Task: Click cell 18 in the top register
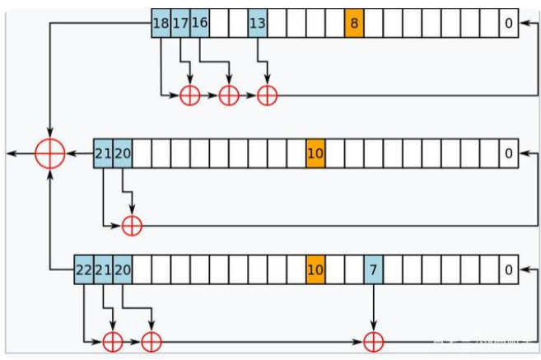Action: tap(161, 24)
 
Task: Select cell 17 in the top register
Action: tap(180, 24)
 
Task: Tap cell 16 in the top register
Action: tap(199, 24)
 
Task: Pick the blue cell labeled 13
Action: tap(258, 24)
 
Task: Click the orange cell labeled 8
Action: tap(354, 24)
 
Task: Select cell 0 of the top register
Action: tap(509, 24)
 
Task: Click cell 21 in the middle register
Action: tap(103, 153)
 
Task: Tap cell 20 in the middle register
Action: tap(122, 153)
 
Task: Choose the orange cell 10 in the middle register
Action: tap(315, 153)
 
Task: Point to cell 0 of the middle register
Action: tap(509, 153)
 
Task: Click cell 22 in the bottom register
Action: tap(83, 269)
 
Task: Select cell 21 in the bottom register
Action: tap(103, 269)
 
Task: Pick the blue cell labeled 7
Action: tap(373, 269)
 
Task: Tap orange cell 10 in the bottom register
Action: tap(315, 269)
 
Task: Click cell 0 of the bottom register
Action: tap(509, 269)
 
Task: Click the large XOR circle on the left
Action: tap(50, 153)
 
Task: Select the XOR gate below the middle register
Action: tap(132, 224)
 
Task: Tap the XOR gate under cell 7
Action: tap(374, 339)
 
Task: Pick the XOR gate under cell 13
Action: tap(267, 96)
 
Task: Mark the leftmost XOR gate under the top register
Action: tap(190, 96)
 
